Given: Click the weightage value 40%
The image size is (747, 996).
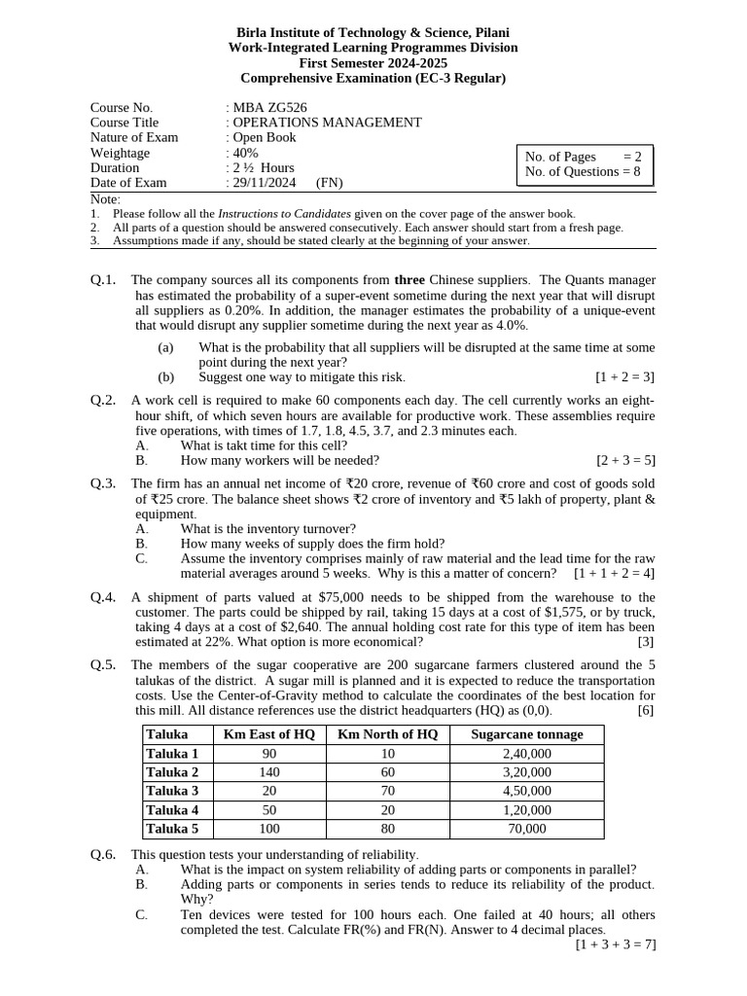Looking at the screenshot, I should pos(245,153).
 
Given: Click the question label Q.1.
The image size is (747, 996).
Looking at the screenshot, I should pos(103,280).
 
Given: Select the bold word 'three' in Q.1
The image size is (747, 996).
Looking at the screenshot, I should pos(409,280).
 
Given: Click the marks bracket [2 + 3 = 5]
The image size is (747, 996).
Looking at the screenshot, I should pos(625,460).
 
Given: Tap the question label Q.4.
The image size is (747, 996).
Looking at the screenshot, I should pos(103,597).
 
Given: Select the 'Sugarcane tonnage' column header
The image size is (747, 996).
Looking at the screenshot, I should pos(526,734).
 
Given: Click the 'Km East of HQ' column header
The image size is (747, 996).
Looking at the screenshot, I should pos(269,734).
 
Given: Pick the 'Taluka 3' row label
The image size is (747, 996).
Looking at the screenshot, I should pos(172,791).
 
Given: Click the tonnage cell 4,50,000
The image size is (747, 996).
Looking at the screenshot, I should pos(526,791).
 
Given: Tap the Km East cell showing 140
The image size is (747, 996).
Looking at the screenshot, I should pos(269,772).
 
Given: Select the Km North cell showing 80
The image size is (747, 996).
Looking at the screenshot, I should pos(388,829).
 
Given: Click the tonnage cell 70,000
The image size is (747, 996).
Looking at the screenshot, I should pos(526,829).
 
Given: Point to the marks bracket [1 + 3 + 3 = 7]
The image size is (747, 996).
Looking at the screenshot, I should pos(616,943).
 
